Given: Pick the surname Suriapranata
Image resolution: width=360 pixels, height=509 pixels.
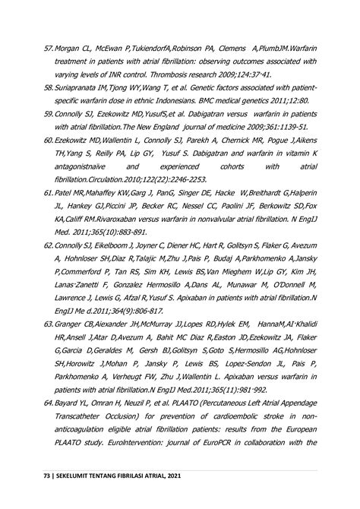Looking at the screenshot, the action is point(81,88).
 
